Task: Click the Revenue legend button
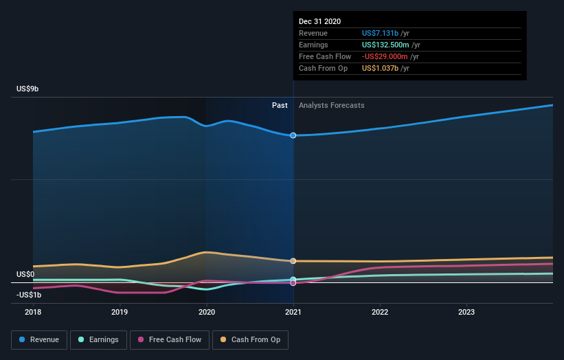(x=39, y=339)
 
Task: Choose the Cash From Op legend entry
(x=251, y=339)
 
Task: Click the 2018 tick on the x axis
(x=33, y=311)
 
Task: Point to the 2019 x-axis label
(x=120, y=311)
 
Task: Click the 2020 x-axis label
(x=207, y=311)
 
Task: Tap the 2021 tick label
(x=293, y=311)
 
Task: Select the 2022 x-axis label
(x=380, y=311)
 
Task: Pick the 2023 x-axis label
(x=466, y=311)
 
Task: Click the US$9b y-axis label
(x=28, y=89)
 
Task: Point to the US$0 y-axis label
(x=26, y=274)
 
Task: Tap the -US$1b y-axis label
(x=29, y=295)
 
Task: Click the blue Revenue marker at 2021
(x=293, y=135)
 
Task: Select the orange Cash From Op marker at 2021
(x=293, y=261)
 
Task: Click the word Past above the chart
(x=280, y=105)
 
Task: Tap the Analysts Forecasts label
(x=331, y=105)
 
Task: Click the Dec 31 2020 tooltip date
(x=319, y=22)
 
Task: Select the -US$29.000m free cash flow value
(x=385, y=56)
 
